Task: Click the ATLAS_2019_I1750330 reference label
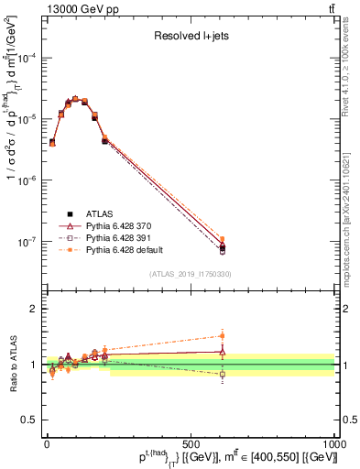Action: pyautogui.click(x=191, y=273)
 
